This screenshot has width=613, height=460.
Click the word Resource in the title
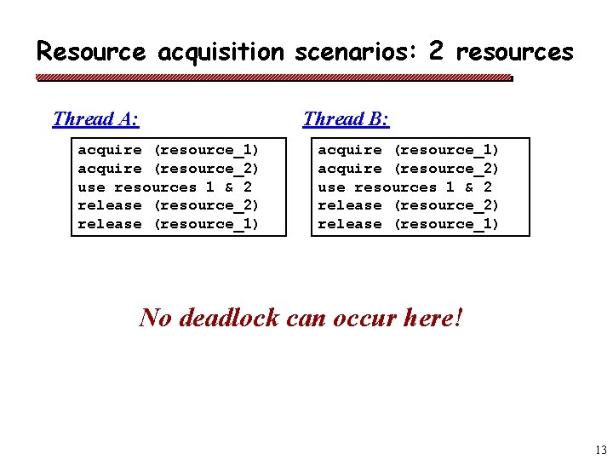tap(91, 52)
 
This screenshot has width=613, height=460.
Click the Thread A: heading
tap(96, 118)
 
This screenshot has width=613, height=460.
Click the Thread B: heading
tap(346, 118)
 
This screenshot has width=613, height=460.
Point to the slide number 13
tap(601, 450)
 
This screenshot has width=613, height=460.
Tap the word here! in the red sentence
tap(433, 318)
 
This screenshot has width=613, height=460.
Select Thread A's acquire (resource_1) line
tap(169, 150)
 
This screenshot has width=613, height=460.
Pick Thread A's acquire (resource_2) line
tap(169, 169)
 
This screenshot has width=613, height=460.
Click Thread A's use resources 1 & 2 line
tap(165, 187)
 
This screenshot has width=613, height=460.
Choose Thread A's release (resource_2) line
tap(169, 205)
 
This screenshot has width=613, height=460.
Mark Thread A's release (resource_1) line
tap(169, 224)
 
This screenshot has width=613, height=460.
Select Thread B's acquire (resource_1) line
tap(409, 150)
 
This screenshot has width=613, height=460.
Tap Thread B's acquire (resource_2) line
tap(409, 169)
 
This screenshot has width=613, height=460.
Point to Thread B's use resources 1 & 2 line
tap(405, 187)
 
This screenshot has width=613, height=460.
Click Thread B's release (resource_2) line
tap(409, 205)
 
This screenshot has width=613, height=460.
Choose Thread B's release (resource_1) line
tap(409, 224)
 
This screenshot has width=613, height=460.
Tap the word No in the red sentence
tap(155, 318)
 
